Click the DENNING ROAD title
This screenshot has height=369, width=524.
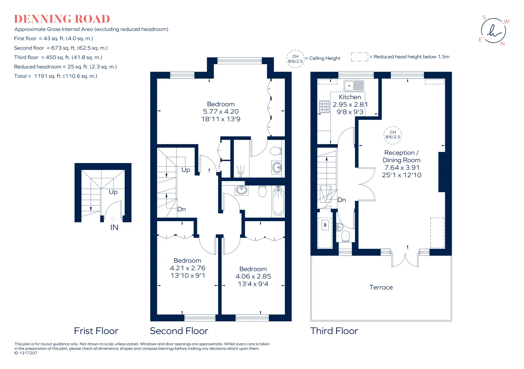[62, 19]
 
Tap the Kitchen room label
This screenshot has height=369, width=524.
[350, 97]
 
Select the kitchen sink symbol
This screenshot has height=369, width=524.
[354, 85]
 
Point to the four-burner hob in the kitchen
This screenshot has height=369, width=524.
[324, 107]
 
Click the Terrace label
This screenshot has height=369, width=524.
[381, 287]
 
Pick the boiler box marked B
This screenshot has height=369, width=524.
[325, 225]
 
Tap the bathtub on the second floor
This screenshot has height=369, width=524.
[278, 201]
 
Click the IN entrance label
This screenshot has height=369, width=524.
[114, 228]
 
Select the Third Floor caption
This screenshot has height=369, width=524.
[334, 331]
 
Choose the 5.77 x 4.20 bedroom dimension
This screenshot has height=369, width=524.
[221, 111]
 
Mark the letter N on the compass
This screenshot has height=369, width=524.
[503, 44]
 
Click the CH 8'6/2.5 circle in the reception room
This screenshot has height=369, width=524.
[393, 135]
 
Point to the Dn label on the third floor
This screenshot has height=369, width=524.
[342, 200]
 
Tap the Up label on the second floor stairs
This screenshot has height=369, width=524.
[186, 170]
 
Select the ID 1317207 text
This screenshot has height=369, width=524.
[26, 353]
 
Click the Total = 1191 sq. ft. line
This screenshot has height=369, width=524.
[56, 76]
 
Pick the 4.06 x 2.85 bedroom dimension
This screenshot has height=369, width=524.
[253, 276]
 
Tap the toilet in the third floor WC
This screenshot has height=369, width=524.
[346, 236]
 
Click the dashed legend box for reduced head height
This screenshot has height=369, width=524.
[359, 57]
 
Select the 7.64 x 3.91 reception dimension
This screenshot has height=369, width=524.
[402, 167]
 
